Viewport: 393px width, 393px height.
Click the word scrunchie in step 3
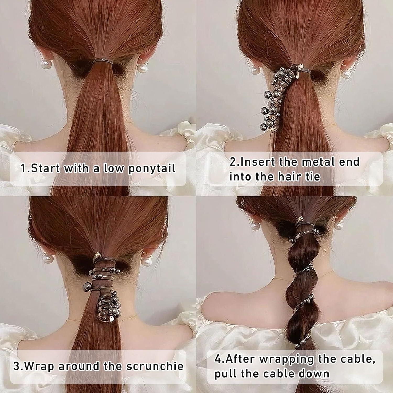coord(155,366)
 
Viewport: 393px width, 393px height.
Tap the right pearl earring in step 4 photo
coord(340,225)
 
